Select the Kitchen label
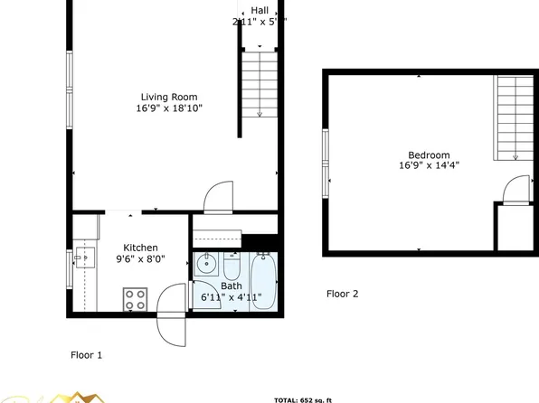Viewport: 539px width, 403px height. [x=141, y=248]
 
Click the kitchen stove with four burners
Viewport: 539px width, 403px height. [x=136, y=299]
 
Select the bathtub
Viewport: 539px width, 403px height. [x=263, y=281]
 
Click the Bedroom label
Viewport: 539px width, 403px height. [x=429, y=155]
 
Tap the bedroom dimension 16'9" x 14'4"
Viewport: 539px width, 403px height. [x=429, y=165]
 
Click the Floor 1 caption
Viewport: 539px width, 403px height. [x=87, y=355]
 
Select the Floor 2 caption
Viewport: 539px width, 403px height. [x=343, y=294]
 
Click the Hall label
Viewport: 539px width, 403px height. [x=260, y=9]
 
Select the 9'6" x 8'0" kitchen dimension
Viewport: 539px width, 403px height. [x=141, y=259]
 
